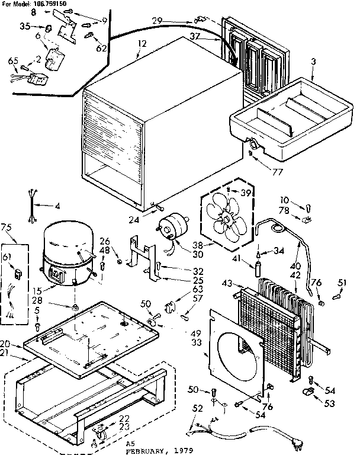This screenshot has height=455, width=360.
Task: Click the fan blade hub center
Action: pyautogui.click(x=227, y=219)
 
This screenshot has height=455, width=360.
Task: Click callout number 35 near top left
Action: pyautogui.click(x=24, y=26)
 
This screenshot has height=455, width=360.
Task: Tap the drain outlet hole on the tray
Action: pyautogui.click(x=254, y=145)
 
